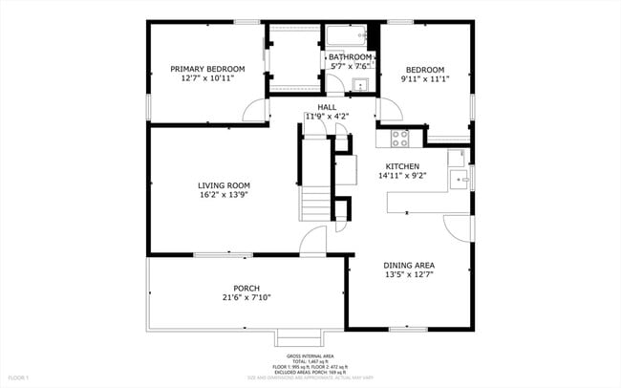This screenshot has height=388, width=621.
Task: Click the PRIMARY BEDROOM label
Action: [207, 69]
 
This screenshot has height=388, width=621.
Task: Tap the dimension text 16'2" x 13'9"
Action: [224, 195]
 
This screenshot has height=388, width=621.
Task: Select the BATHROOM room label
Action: [350, 56]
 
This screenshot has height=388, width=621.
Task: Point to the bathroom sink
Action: [360, 86]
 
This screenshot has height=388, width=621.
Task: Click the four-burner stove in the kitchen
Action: [399, 138]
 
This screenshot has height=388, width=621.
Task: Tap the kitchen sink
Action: [458, 181]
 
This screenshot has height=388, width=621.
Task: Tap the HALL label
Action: [327, 107]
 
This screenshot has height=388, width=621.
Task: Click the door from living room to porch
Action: [312, 243]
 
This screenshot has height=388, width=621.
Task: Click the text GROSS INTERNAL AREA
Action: [310, 355]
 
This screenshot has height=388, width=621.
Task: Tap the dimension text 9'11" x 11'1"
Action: [425, 79]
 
